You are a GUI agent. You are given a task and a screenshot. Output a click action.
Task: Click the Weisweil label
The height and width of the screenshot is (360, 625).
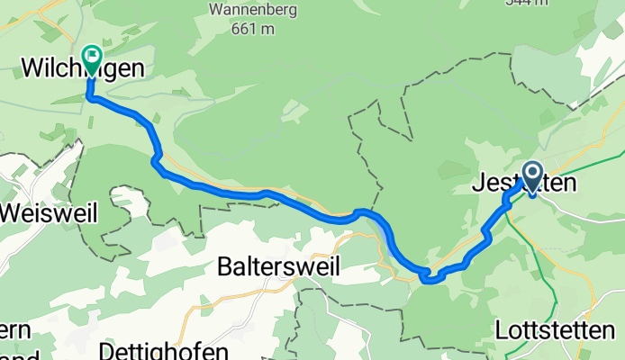coord(39,213)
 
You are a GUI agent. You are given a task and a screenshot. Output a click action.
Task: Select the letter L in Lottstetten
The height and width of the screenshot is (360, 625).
coord(502,330)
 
